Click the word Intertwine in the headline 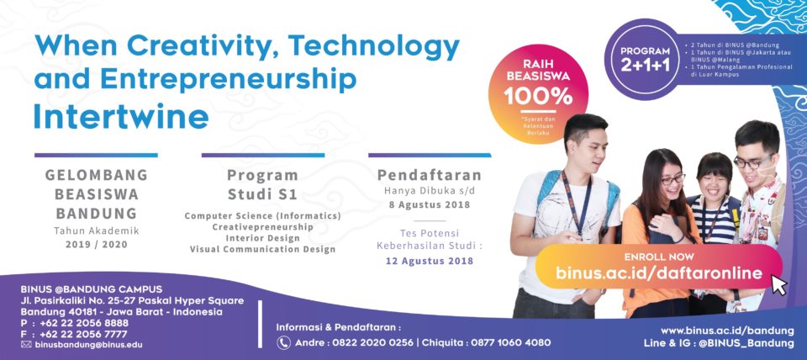(x=121, y=118)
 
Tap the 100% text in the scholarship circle (x=538, y=97)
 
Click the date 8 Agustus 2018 (x=430, y=204)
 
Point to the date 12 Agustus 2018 (x=430, y=261)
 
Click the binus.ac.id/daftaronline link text (x=659, y=273)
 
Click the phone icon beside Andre (x=283, y=342)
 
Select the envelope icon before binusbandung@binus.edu (x=26, y=345)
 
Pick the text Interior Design (x=262, y=238)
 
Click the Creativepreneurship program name (x=262, y=226)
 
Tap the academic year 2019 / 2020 (x=96, y=245)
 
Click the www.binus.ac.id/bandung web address (x=727, y=330)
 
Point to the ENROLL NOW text (x=659, y=257)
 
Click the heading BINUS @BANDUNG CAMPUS (x=92, y=289)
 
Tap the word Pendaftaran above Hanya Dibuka (x=430, y=175)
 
